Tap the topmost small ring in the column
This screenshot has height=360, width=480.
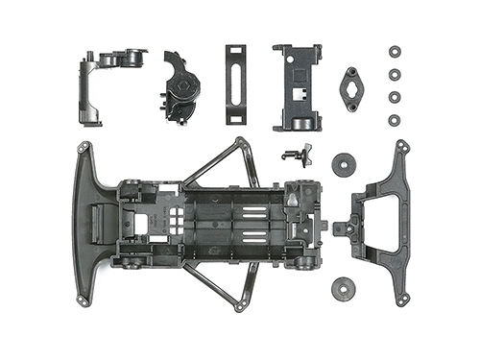tap(394, 51)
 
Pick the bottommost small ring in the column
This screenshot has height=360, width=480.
tap(394, 119)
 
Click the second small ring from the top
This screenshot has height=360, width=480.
tap(394, 74)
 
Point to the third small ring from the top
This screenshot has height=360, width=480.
tap(394, 96)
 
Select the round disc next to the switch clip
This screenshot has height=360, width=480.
tap(343, 163)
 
